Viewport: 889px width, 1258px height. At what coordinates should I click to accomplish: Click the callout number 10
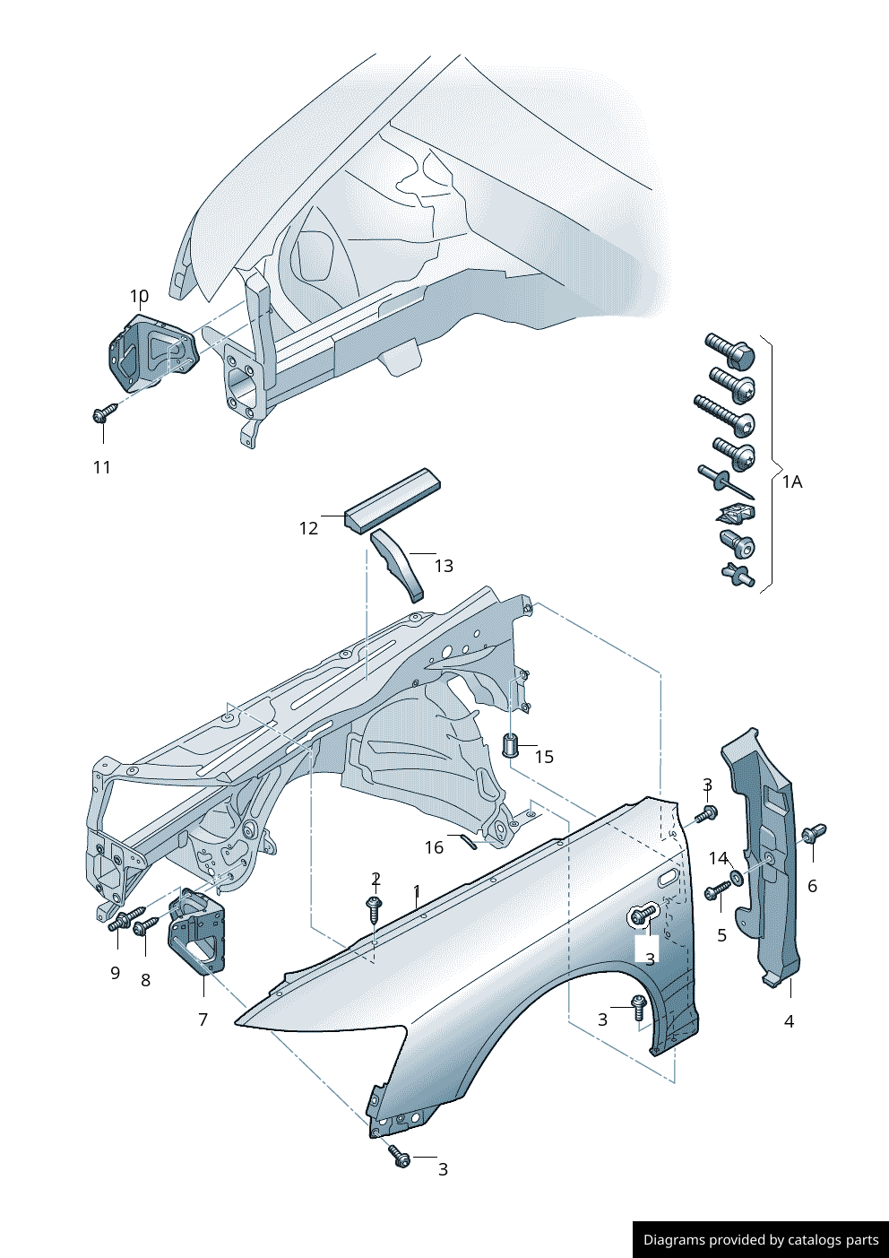click(139, 296)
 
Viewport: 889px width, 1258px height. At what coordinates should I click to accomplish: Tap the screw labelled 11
click(104, 413)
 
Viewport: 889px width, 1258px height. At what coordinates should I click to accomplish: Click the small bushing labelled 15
click(511, 744)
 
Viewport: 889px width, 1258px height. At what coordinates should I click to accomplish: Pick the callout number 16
click(434, 847)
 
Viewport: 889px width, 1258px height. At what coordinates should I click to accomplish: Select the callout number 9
click(115, 973)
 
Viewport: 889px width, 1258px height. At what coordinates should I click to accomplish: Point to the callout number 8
click(146, 980)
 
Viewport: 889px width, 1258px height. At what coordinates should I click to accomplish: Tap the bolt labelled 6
click(814, 833)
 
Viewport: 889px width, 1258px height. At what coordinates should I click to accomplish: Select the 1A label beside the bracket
click(792, 482)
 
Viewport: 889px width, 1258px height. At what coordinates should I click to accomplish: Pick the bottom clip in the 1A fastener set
click(738, 576)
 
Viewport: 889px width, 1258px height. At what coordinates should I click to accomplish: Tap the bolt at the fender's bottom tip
click(399, 1157)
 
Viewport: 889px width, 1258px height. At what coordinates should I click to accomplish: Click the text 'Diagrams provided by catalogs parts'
click(761, 1240)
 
